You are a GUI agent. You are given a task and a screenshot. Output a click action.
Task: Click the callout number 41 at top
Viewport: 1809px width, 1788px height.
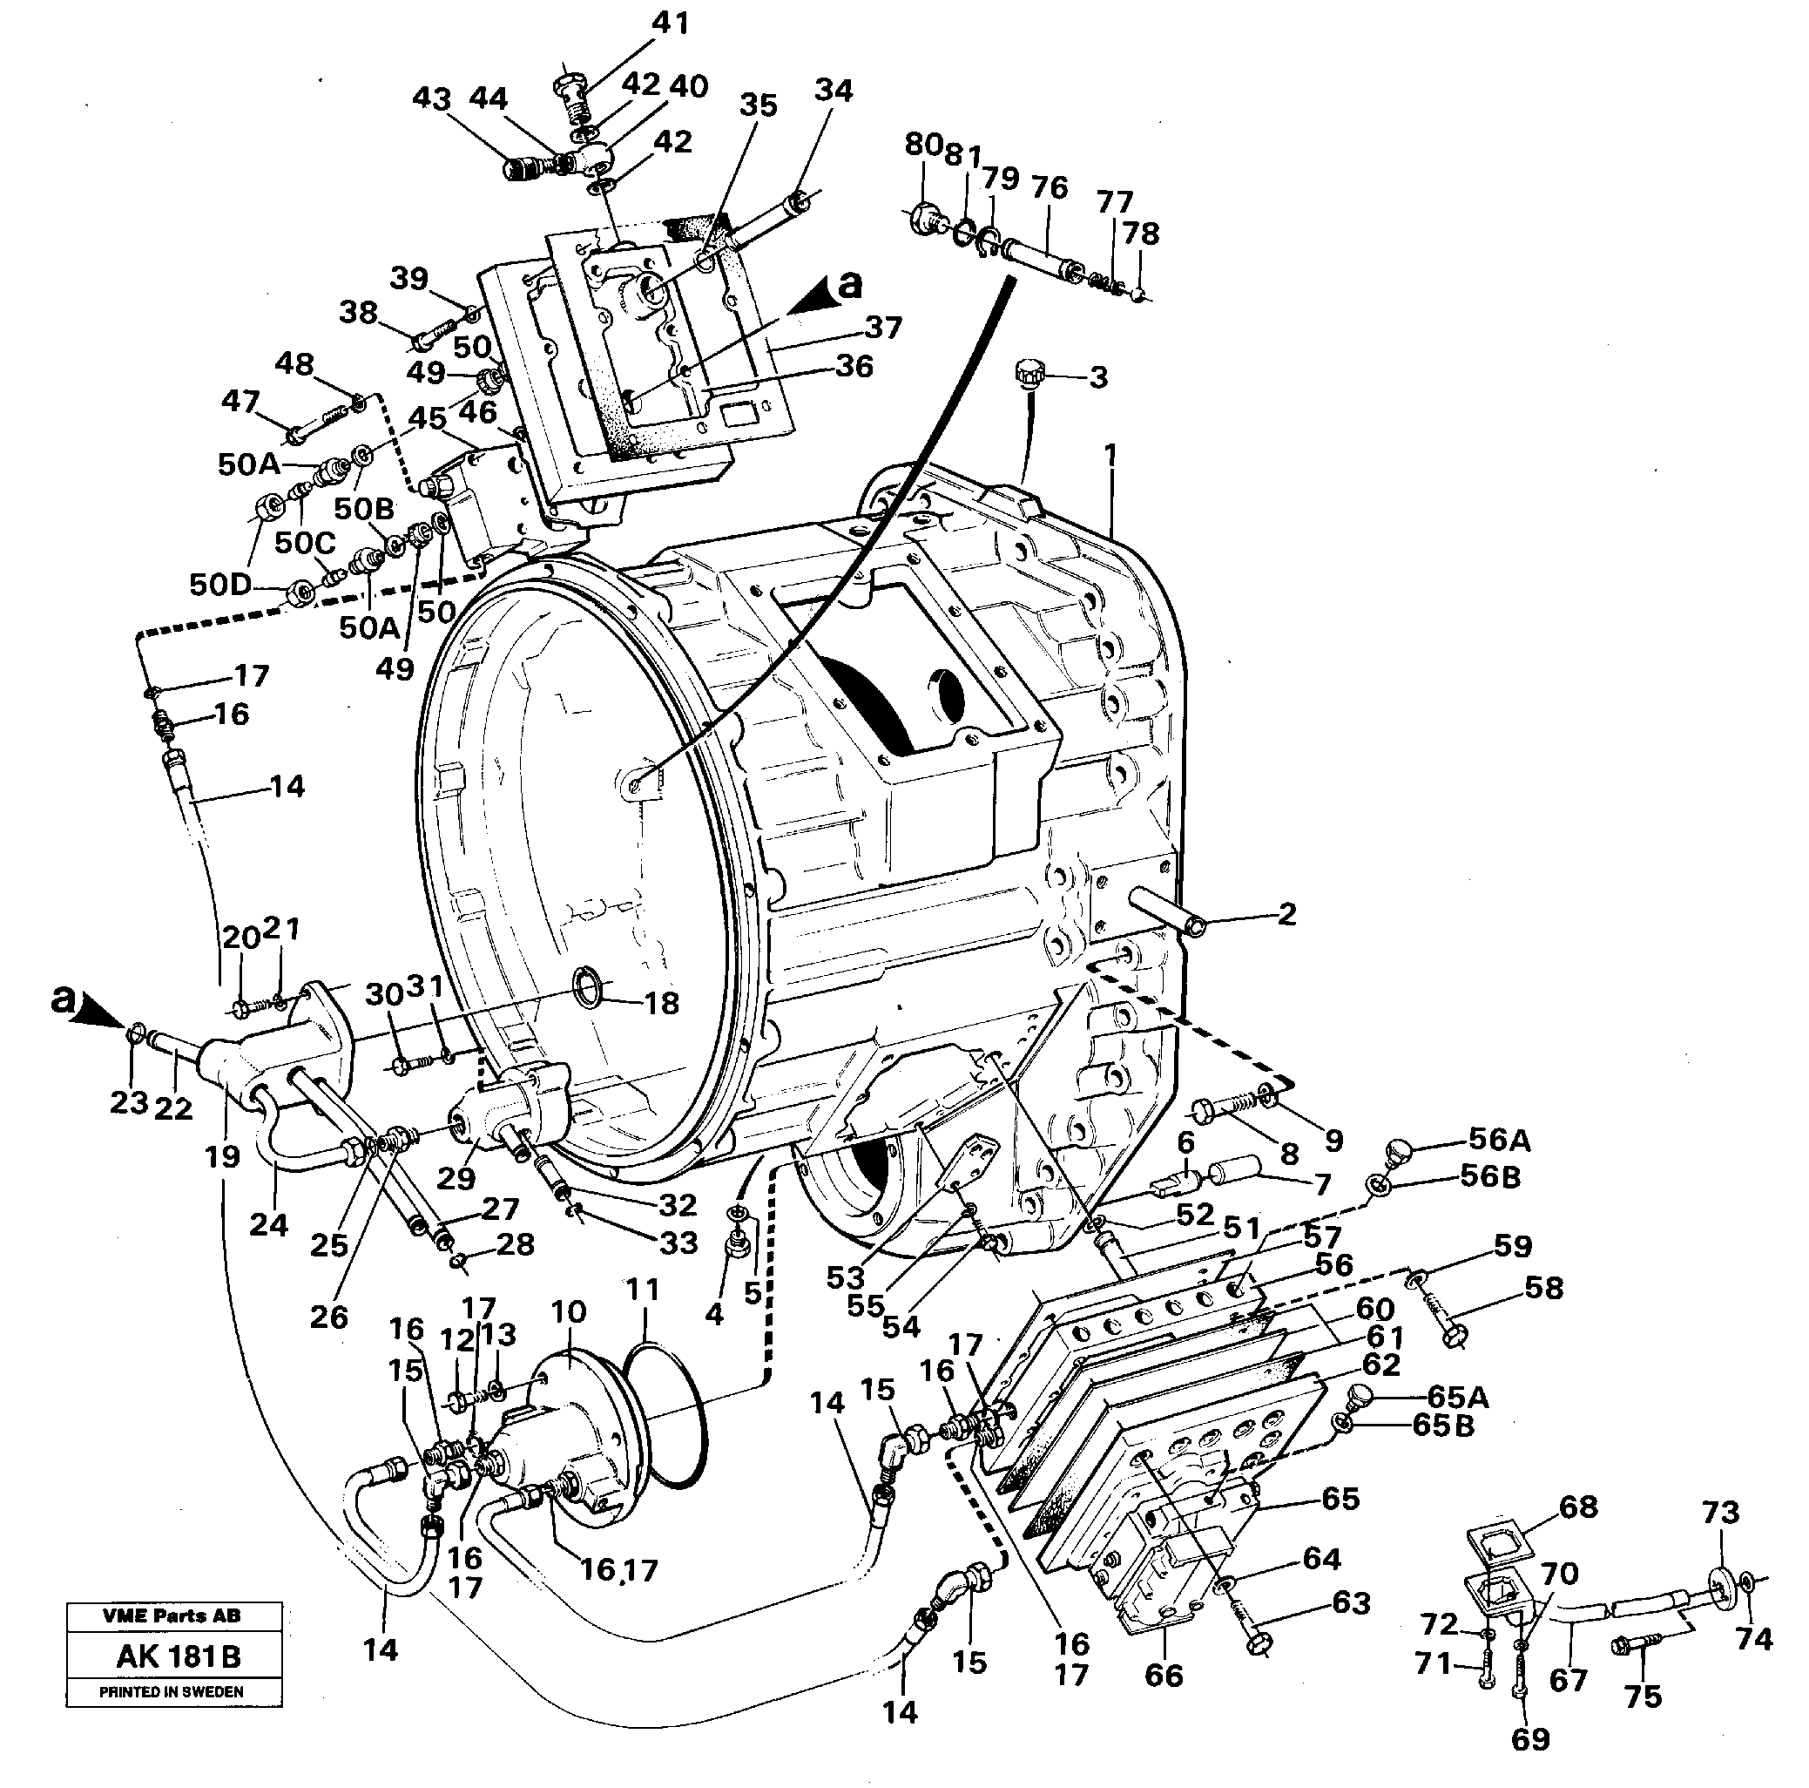coord(670,23)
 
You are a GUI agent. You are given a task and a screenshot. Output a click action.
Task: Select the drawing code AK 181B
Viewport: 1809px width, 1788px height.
coord(178,1656)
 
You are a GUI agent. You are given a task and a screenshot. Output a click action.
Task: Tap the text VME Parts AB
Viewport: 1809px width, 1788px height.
coord(172,1615)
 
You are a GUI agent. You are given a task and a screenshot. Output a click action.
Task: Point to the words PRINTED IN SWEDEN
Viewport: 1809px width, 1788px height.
coord(172,1691)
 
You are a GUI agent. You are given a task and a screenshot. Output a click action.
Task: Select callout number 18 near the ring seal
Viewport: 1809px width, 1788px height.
coord(661,1003)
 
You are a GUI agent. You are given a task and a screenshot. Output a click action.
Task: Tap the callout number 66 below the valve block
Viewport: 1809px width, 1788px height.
coord(1163,1675)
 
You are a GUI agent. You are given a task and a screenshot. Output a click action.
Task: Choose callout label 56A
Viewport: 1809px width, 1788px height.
coord(1499,1140)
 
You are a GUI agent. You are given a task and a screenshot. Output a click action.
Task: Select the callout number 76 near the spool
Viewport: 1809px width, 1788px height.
coord(1049,187)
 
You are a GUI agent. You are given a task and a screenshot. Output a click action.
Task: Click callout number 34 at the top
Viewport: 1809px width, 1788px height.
coord(833,90)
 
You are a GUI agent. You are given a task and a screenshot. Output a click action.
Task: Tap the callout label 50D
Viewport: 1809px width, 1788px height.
coord(220,585)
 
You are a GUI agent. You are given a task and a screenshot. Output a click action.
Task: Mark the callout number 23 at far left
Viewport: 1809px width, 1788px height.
coord(129,1102)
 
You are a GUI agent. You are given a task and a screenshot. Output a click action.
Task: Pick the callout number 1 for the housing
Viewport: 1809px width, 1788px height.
coord(1110,455)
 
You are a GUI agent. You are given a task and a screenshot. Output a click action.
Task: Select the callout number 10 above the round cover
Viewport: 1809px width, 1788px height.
coord(569,1311)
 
